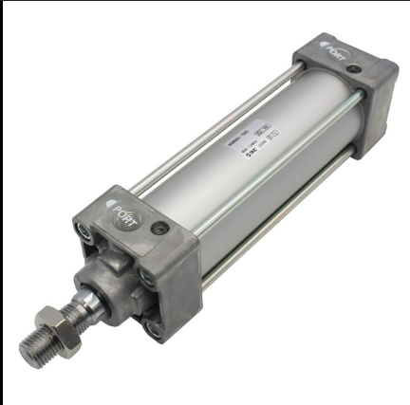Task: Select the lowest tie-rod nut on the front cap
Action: pos(154,329)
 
